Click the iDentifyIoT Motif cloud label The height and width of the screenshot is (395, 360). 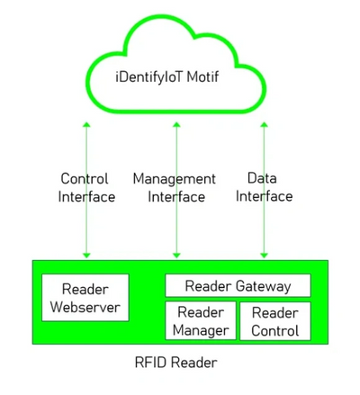click(167, 77)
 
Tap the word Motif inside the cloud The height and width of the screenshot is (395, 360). click(202, 76)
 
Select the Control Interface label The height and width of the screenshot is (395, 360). click(86, 187)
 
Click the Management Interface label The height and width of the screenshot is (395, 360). click(175, 187)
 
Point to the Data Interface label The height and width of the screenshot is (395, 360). click(264, 187)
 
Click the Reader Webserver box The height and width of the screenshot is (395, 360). click(85, 298)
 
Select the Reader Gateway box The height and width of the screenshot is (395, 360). click(238, 285)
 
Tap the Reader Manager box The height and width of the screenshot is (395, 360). click(201, 321)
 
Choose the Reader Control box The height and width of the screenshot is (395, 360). click(275, 321)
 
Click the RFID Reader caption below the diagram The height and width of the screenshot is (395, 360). click(176, 363)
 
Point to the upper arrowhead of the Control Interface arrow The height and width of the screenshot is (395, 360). click(86, 124)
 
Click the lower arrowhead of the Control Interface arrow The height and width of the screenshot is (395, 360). click(86, 256)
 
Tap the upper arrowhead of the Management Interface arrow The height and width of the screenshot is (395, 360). click(176, 124)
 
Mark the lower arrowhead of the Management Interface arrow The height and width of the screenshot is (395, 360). click(176, 256)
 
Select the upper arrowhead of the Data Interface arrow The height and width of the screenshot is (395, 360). click(265, 124)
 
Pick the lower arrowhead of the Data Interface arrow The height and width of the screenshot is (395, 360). click(265, 256)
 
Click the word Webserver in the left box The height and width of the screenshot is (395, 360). click(85, 307)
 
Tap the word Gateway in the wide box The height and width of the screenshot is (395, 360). click(263, 286)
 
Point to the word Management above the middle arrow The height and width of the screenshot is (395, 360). click(175, 179)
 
